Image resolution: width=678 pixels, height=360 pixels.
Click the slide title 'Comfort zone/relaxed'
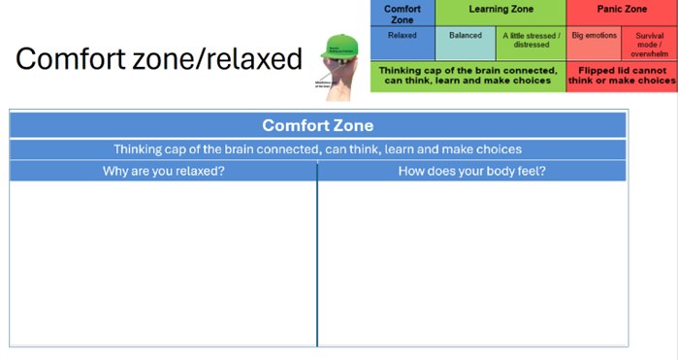click(x=159, y=59)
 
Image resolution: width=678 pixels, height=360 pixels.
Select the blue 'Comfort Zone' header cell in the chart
click(x=403, y=13)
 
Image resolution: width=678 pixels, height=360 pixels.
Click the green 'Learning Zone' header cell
click(x=500, y=8)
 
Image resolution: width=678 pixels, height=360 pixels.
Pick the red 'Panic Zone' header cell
click(x=622, y=8)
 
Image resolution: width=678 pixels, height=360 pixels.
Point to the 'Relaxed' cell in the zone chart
click(x=402, y=36)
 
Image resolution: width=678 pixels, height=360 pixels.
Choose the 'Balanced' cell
click(x=465, y=36)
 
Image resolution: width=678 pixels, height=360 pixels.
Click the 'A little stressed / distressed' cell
click(x=531, y=40)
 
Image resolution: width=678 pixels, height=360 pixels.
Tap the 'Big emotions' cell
click(x=594, y=36)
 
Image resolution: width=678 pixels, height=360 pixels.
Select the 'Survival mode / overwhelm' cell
click(x=649, y=44)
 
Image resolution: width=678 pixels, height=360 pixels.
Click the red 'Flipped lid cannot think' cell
click(x=622, y=76)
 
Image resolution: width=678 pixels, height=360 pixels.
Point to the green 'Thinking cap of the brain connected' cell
click(x=468, y=76)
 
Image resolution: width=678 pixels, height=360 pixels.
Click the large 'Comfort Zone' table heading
click(x=317, y=125)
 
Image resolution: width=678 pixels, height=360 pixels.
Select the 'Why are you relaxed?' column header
click(x=163, y=171)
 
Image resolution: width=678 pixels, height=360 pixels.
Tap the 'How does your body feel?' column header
click(x=471, y=171)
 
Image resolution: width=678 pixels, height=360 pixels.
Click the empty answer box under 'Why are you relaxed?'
click(x=163, y=262)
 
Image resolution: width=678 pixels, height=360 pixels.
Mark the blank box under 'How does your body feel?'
click(x=471, y=262)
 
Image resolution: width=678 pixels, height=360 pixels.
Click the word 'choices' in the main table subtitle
click(x=498, y=149)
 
